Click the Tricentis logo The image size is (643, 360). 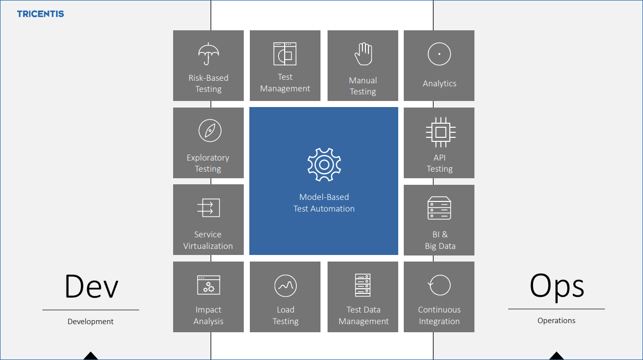coord(40,14)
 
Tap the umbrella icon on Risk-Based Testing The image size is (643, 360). coord(208,54)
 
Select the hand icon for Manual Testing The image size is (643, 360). coord(362,54)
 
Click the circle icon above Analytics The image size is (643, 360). coord(439,54)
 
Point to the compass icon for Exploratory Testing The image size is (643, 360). coord(209,131)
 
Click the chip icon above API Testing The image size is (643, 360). coord(440,132)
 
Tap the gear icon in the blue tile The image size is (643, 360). coord(324,165)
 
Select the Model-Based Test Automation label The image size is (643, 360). coord(324,203)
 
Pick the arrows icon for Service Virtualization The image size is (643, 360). coord(208,208)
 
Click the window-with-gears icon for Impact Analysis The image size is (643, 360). coord(208,285)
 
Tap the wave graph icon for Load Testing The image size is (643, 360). coord(285,286)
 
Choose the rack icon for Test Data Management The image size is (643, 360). coord(362,285)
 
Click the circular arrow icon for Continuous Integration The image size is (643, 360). coord(439,285)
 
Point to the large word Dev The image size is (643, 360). coord(91,286)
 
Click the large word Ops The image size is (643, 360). coord(557,286)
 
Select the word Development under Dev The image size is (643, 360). coord(91,322)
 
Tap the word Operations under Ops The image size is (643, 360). coord(556,321)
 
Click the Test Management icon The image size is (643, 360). coord(285,54)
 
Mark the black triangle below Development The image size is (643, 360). coord(91,356)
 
